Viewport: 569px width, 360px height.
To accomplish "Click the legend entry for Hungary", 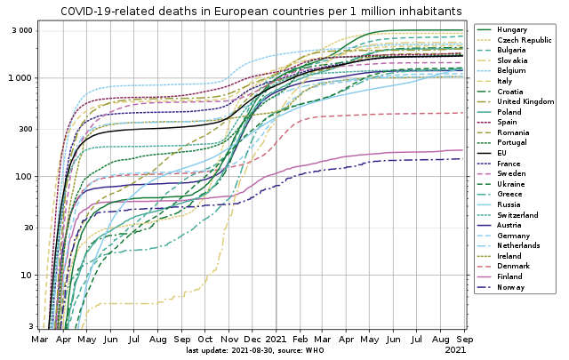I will tap(513, 30).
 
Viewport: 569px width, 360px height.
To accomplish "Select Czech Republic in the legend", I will tap(524, 40).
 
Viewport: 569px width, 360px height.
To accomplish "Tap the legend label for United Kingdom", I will tap(525, 102).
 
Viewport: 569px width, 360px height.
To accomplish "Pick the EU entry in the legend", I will tap(504, 153).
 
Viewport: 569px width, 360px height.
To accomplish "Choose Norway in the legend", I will tap(511, 287).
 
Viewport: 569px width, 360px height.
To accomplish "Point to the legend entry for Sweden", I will tap(512, 173).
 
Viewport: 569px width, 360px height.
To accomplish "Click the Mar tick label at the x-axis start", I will tap(40, 340).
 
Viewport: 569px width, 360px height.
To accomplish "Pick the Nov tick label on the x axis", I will tap(229, 340).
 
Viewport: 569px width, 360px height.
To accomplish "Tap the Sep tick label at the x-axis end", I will tap(463, 340).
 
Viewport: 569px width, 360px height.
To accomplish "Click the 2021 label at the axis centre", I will tap(276, 340).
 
